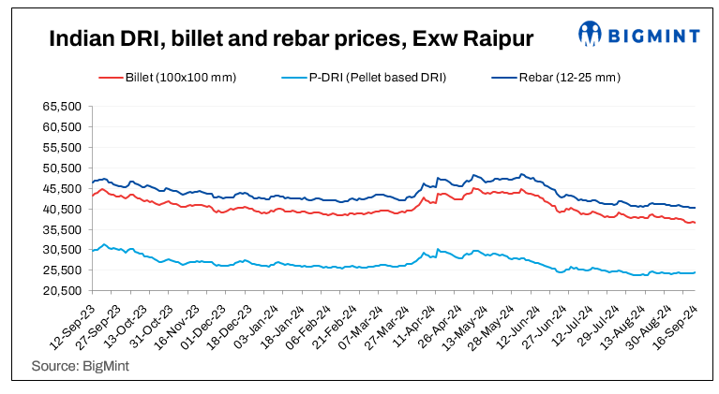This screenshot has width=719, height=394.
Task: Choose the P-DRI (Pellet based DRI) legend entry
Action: tap(377, 77)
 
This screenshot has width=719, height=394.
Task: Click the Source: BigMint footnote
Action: tap(81, 366)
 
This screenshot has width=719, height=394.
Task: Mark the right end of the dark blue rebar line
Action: tap(695, 208)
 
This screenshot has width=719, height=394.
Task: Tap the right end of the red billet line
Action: tap(695, 223)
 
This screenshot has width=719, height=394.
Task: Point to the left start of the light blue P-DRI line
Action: tap(92, 250)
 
